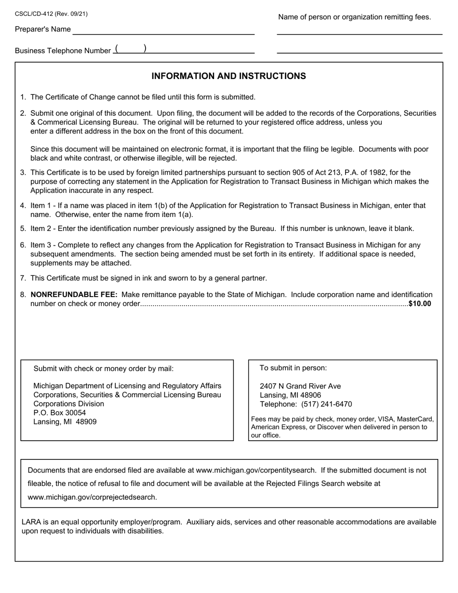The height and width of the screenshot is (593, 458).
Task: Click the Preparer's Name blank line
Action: (x=163, y=31)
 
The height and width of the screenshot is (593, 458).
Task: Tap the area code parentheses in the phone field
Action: (x=131, y=49)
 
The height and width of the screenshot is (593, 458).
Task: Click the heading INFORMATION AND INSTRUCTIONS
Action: (x=229, y=76)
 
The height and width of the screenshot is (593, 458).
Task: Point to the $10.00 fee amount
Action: (x=419, y=304)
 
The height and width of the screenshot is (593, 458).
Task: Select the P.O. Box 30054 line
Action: (x=59, y=413)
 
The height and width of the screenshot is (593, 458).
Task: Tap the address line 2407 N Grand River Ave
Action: (x=300, y=386)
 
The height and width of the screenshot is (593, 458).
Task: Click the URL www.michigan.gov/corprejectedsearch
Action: (x=92, y=497)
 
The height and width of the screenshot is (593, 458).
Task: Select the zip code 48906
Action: (x=311, y=395)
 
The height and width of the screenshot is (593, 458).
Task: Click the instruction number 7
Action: (x=23, y=278)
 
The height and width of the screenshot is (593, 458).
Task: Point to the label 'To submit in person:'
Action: (x=293, y=368)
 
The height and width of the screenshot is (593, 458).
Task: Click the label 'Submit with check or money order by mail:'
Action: (x=103, y=369)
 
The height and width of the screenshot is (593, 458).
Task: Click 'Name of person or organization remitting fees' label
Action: (x=354, y=17)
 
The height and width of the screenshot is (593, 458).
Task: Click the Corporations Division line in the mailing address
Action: (x=68, y=404)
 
